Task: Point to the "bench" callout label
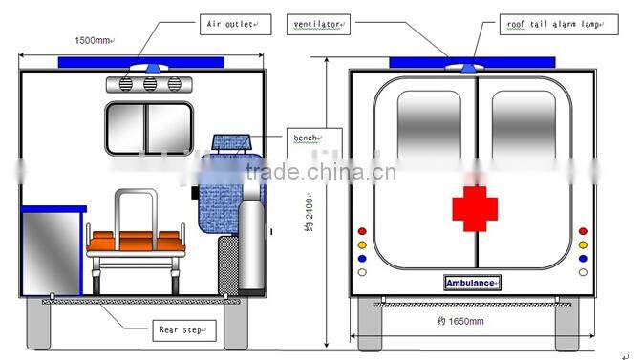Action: pyautogui.click(x=307, y=139)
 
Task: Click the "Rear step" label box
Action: pyautogui.click(x=183, y=330)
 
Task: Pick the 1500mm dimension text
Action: pyautogui.click(x=94, y=40)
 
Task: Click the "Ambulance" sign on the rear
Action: pyautogui.click(x=472, y=283)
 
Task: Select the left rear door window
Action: pyautogui.click(x=429, y=125)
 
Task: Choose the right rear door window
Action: pyautogui.click(x=523, y=125)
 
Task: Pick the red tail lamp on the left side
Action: pyautogui.click(x=361, y=231)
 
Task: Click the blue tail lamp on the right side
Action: pyautogui.click(x=583, y=258)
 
